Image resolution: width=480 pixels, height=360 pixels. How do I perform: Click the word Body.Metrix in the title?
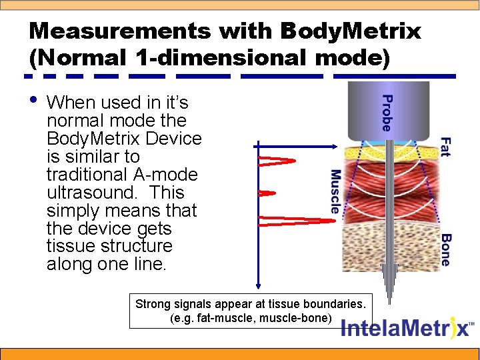click(x=350, y=31)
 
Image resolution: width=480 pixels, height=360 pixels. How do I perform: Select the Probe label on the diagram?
click(x=386, y=112)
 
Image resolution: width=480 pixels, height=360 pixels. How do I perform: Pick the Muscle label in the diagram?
click(x=335, y=191)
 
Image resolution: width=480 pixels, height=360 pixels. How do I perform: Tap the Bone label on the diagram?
click(x=445, y=250)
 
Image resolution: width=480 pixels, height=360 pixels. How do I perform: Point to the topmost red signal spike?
click(x=277, y=160)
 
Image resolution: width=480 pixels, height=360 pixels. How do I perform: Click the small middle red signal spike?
click(x=267, y=193)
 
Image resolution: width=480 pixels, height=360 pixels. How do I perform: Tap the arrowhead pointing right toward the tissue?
click(x=337, y=146)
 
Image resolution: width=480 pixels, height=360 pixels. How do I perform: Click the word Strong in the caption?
click(x=153, y=304)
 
